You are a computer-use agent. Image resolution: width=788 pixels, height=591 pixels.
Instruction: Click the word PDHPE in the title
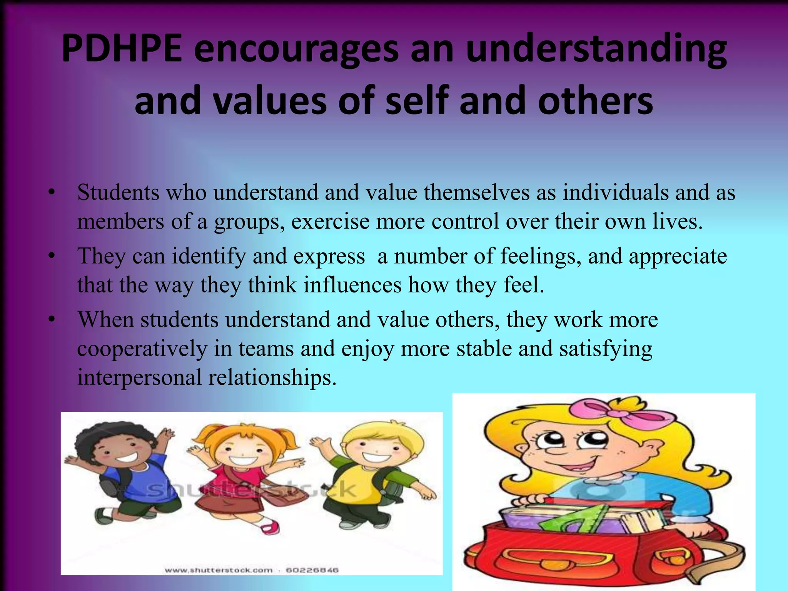122,49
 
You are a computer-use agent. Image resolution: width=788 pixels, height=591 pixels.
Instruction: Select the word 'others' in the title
595,101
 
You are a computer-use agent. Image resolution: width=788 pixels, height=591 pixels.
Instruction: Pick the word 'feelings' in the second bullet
541,257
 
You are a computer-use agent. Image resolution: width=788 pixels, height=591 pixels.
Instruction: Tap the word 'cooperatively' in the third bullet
142,349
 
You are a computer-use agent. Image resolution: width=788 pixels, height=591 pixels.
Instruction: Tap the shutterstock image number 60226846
312,570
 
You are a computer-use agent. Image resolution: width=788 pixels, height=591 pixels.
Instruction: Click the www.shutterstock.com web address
218,570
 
